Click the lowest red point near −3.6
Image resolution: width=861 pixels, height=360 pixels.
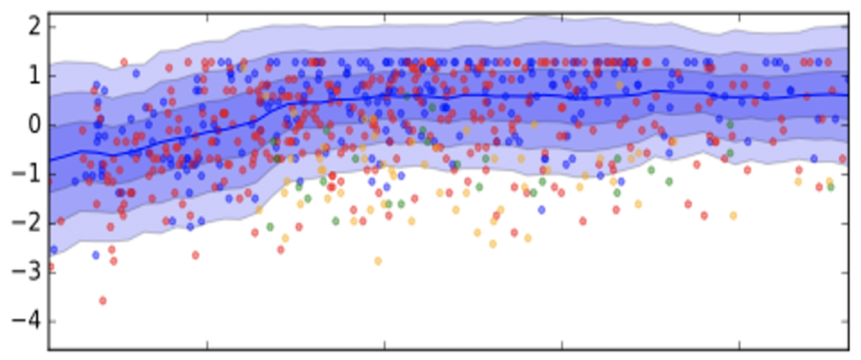[103, 300]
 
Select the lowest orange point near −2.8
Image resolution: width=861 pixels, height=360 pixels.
[378, 262]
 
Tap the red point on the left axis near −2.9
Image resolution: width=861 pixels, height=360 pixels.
[50, 267]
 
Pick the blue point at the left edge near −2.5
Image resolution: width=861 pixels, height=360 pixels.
[54, 250]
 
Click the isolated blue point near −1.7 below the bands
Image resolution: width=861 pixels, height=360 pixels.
[541, 209]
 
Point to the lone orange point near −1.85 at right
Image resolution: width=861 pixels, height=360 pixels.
[733, 215]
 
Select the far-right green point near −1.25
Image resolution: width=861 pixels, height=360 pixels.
[831, 187]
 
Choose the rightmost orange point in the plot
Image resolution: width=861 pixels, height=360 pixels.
[829, 181]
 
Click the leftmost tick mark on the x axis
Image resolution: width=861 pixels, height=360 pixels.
[207, 344]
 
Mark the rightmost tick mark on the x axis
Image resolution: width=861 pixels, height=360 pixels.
[739, 344]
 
